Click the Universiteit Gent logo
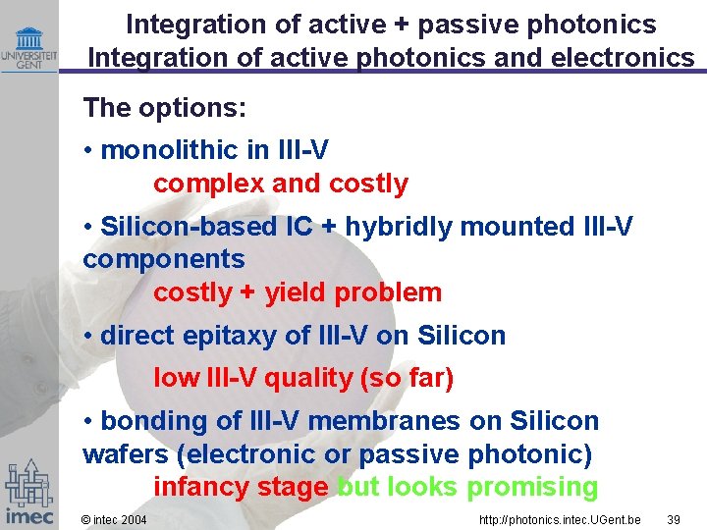point(28,48)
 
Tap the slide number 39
point(675,518)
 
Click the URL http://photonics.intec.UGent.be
point(560,518)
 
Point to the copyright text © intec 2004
point(114,518)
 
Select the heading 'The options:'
point(165,107)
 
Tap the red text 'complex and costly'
point(280,184)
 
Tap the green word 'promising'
point(532,487)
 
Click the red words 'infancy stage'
point(241,487)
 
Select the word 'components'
point(164,259)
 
